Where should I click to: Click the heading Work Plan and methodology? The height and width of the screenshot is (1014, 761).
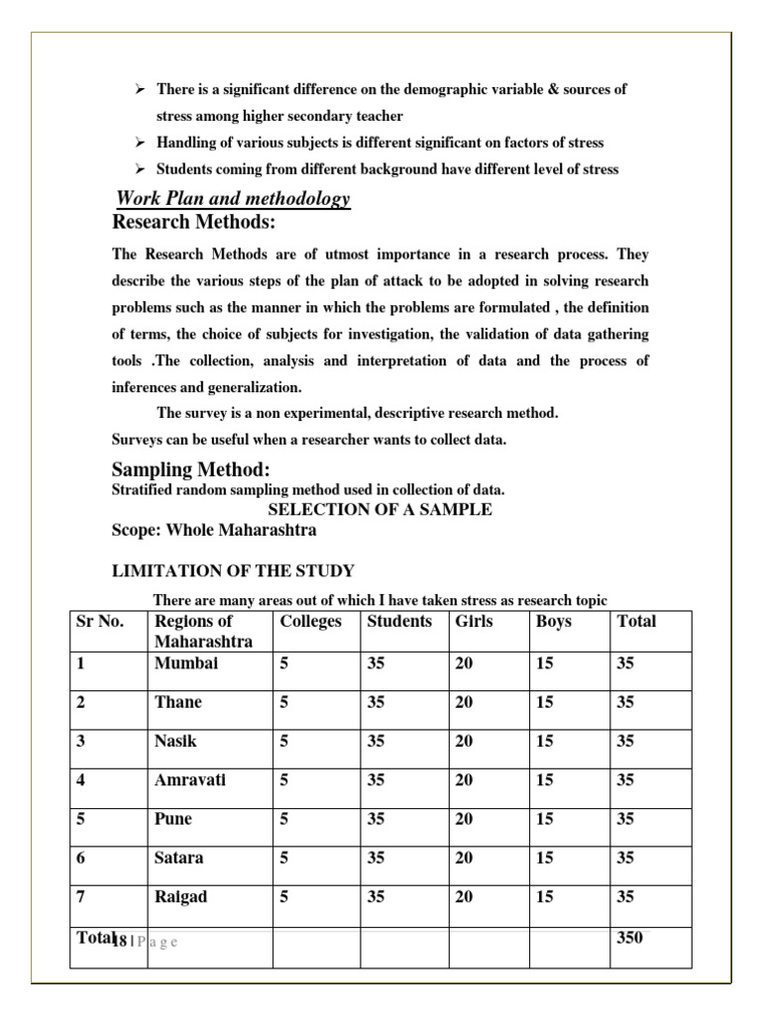pos(233,199)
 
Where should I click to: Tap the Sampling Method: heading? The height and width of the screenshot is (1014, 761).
pos(190,469)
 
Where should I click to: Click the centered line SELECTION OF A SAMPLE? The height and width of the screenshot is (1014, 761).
pos(380,510)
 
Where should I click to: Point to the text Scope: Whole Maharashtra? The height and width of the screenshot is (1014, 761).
pos(214,531)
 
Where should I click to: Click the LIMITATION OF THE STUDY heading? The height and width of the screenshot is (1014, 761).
pos(233,571)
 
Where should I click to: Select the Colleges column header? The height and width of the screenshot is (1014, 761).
pos(310,622)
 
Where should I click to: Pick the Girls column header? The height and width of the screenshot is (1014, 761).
pos(474,622)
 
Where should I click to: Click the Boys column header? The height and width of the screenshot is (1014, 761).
pos(553,622)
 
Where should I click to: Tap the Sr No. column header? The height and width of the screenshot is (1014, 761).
pos(100,622)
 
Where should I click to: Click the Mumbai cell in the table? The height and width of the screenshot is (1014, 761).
pos(185,663)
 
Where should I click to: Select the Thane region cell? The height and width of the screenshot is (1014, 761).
pos(177,702)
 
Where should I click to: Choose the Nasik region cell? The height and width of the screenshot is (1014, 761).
pos(175,741)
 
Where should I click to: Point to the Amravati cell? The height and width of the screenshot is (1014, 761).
pos(190,780)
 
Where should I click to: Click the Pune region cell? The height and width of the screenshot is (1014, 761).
pos(173,819)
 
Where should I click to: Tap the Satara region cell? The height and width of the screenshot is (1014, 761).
pos(178,858)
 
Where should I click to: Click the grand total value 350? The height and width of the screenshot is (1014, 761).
pos(629,937)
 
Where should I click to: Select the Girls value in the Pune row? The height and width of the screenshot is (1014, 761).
pos(464,819)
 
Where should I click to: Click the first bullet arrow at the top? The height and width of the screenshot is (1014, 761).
pos(141,90)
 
